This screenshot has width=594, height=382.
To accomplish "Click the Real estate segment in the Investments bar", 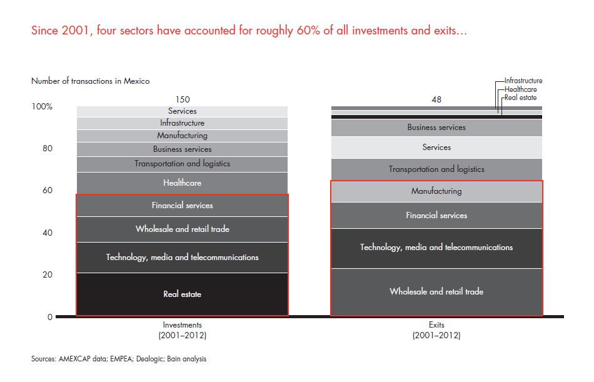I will (182, 294).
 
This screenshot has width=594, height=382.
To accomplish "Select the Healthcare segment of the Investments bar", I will (182, 183).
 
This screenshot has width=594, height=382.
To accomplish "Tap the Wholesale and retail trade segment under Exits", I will (436, 292).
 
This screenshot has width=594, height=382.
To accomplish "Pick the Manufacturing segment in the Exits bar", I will (436, 191).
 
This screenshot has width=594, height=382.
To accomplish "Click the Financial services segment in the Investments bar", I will (182, 206).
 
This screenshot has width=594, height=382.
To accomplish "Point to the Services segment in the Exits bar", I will (436, 148).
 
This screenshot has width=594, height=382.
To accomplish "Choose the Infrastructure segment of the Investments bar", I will (182, 123).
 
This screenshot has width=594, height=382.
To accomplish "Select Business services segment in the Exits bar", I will (436, 128).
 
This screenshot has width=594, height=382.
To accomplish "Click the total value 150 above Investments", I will (182, 99).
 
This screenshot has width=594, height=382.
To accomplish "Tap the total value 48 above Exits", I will (436, 99).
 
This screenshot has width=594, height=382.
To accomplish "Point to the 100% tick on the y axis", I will (43, 107).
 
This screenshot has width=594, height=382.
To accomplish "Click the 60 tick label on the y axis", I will (48, 191).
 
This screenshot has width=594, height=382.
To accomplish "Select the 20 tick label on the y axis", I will (48, 275).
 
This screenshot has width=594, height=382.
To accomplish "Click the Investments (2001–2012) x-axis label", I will (182, 330).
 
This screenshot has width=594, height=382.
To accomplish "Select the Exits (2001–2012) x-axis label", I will (436, 330).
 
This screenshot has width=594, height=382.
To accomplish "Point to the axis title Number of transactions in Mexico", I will (90, 81).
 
